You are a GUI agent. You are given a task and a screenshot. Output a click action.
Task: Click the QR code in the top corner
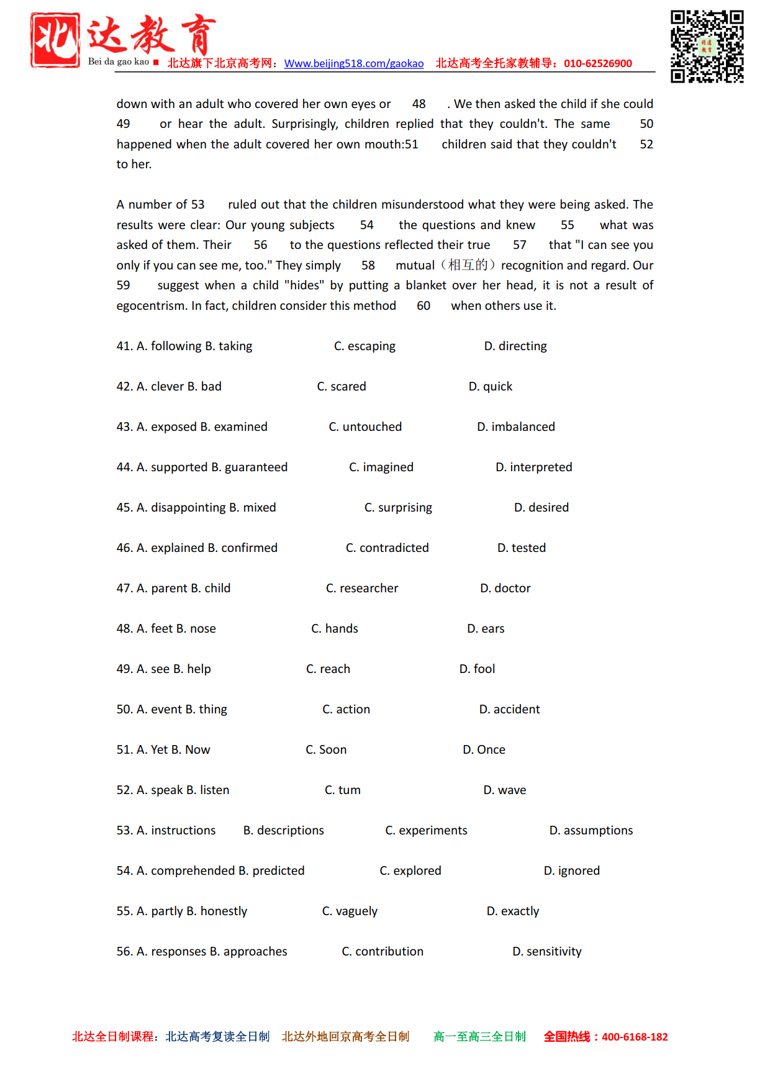pos(707,47)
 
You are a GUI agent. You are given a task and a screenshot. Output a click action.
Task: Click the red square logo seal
pos(55,40)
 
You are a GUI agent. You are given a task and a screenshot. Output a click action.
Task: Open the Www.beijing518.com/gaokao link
pos(354,63)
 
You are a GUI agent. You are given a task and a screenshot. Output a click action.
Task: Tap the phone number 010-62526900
pos(597,63)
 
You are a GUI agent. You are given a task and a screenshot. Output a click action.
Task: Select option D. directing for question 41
pos(515,346)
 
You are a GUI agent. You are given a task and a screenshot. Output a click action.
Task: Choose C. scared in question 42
pos(342,387)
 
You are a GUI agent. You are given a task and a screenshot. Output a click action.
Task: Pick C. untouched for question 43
pos(365,427)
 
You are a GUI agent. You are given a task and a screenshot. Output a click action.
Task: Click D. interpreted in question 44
pos(534,468)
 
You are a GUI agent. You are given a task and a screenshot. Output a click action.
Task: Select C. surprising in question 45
pos(398,508)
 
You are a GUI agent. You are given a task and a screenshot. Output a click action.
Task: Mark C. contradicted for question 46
pos(387,548)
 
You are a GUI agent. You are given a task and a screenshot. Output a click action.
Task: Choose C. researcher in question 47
pos(362,589)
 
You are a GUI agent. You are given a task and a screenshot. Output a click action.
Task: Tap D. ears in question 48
pos(486,629)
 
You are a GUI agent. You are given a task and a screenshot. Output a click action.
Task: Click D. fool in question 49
pos(477,669)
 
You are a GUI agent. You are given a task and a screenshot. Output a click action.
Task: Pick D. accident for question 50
pos(509,710)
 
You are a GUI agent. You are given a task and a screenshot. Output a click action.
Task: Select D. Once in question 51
pos(484,750)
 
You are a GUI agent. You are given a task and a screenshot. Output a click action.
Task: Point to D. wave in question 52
pos(505,790)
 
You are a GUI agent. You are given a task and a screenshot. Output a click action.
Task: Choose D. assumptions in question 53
pos(591,831)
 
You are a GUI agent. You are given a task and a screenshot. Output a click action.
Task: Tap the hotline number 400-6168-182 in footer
pos(635,1037)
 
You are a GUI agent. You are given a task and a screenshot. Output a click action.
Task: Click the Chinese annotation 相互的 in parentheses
pos(468,266)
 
